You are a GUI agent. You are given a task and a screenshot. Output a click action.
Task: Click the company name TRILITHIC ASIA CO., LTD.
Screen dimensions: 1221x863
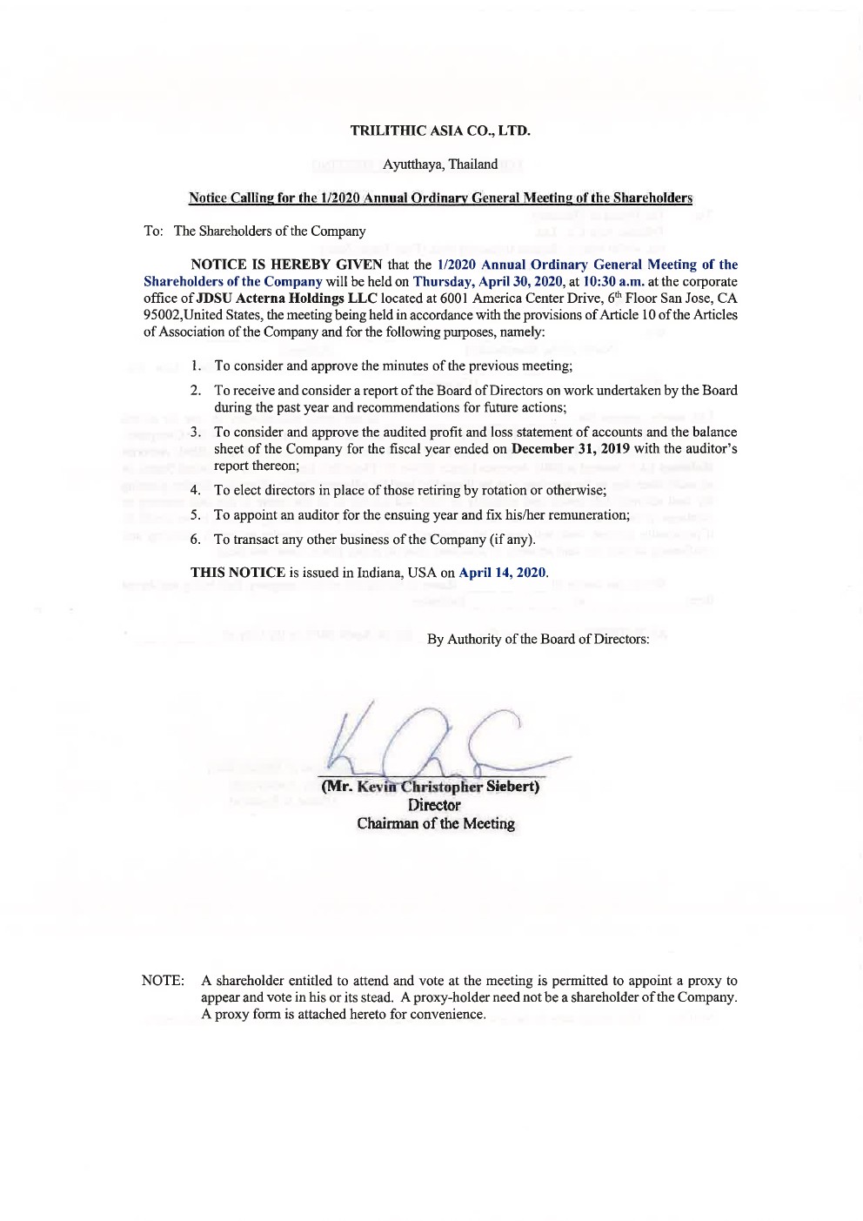pos(440,131)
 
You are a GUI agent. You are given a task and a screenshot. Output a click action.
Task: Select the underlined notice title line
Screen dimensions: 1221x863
pos(440,198)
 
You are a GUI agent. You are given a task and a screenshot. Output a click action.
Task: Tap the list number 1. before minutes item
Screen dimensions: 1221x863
pos(197,366)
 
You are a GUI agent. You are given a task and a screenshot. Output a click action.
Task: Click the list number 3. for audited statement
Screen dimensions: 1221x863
pos(197,433)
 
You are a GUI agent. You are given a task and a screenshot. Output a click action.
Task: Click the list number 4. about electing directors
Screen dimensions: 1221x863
pos(197,491)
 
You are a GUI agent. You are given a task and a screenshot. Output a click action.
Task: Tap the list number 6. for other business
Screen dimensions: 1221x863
pos(197,540)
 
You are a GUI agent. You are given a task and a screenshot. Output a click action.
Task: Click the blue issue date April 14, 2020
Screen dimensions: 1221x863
pos(502,573)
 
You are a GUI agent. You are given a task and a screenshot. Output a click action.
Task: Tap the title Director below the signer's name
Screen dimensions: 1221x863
pos(434,806)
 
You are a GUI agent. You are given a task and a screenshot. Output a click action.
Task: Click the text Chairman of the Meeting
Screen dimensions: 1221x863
pos(435,824)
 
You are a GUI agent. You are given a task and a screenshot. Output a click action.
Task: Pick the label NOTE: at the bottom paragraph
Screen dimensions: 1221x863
pos(163,981)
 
